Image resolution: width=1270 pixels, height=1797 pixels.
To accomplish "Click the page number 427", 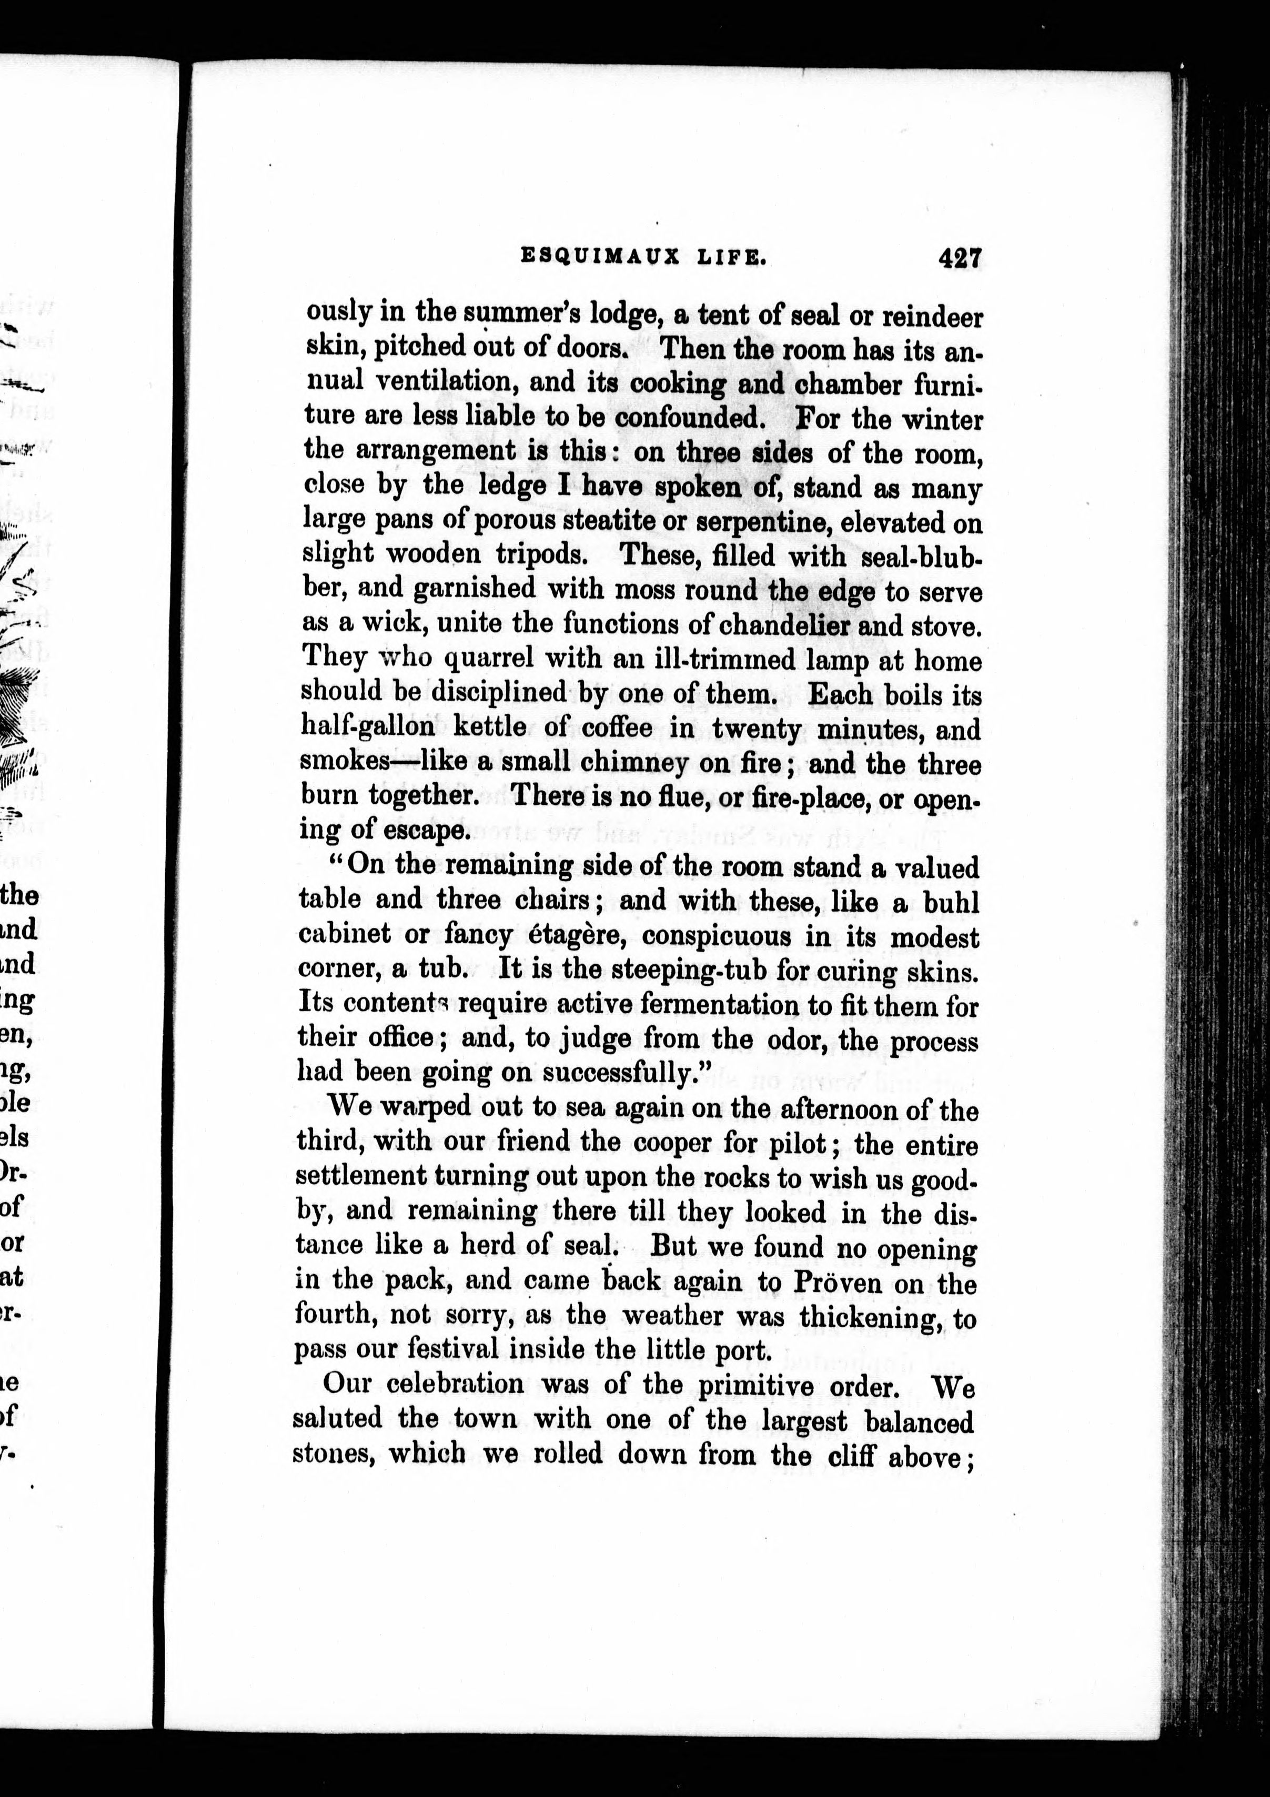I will (960, 257).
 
